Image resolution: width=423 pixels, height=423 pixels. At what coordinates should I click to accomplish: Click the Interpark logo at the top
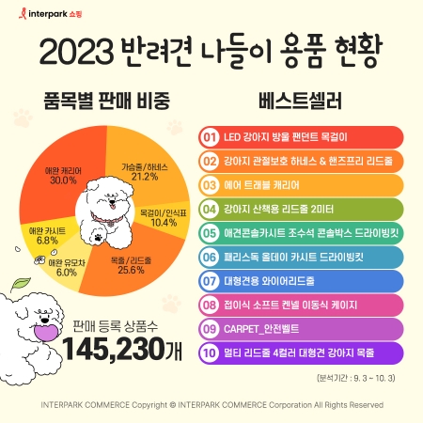42,16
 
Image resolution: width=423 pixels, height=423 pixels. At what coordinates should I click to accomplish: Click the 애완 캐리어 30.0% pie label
64,175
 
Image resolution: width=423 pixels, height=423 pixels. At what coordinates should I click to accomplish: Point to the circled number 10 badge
210,352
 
